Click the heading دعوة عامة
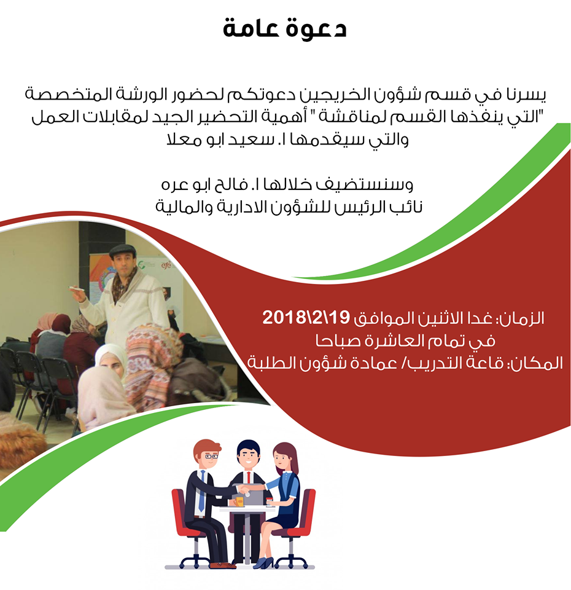(x=284, y=28)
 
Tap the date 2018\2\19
(x=306, y=318)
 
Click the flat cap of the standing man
(x=123, y=250)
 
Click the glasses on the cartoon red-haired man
(x=211, y=457)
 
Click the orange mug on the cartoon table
(x=239, y=502)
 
